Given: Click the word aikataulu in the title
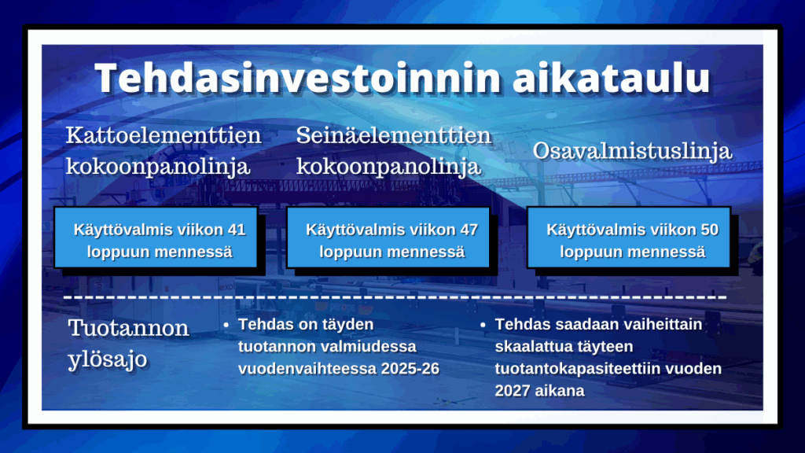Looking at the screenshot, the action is pyautogui.click(x=612, y=78).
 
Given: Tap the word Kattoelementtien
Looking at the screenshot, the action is pyautogui.click(x=164, y=136).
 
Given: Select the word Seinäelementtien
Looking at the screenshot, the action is pyautogui.click(x=394, y=136).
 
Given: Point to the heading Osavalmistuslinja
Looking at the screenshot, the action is pyautogui.click(x=632, y=151).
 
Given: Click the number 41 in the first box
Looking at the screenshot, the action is pyautogui.click(x=236, y=230).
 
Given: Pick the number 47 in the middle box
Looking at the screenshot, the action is pyautogui.click(x=469, y=230).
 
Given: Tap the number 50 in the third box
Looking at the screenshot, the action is pyautogui.click(x=709, y=230).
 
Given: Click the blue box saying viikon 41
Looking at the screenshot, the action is pyautogui.click(x=156, y=238).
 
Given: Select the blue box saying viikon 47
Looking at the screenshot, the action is pyautogui.click(x=388, y=238).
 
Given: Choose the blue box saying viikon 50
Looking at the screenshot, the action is pyautogui.click(x=628, y=238).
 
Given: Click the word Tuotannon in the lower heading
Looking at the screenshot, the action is pyautogui.click(x=128, y=328).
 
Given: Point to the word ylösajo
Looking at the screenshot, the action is pyautogui.click(x=107, y=359).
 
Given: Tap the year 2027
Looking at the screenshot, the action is pyautogui.click(x=511, y=391).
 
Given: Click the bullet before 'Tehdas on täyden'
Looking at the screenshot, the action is pyautogui.click(x=226, y=325).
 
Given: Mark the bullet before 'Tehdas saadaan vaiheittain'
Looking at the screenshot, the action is pyautogui.click(x=483, y=325).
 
